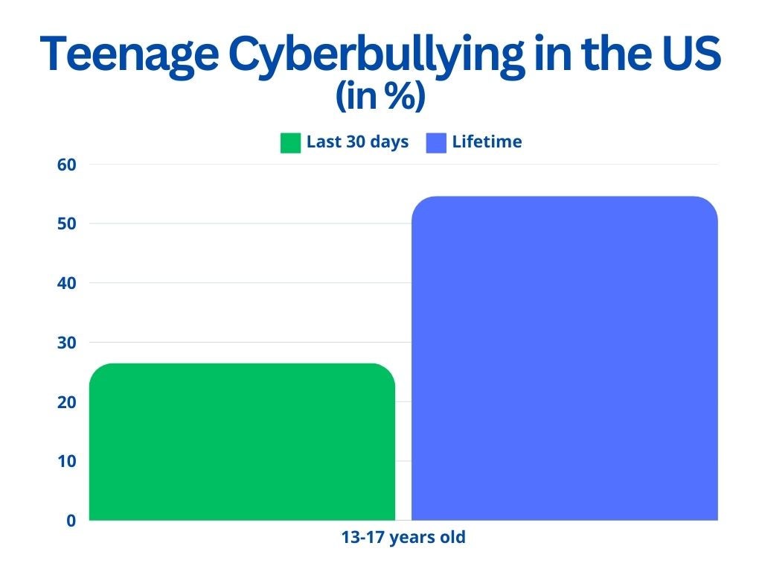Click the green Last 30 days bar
[x=242, y=442]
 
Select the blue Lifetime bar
[x=565, y=358]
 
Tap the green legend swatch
[x=291, y=143]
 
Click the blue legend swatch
[x=436, y=143]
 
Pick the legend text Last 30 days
[x=358, y=142]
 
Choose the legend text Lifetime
[x=487, y=142]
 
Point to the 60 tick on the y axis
[x=66, y=165]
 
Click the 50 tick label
[x=66, y=223]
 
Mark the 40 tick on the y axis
[x=66, y=283]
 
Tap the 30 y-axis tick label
[x=66, y=343]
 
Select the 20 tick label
[x=66, y=401]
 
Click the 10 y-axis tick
[x=66, y=461]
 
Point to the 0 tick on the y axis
[x=71, y=521]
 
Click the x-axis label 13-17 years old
[x=403, y=538]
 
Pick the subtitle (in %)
[x=380, y=95]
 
